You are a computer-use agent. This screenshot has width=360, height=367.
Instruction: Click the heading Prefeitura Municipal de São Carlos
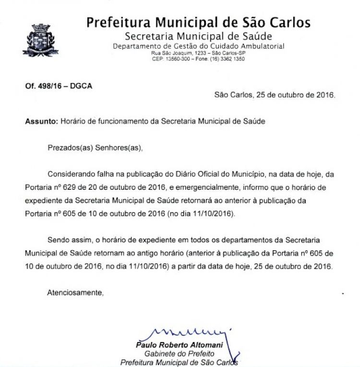tap(198, 23)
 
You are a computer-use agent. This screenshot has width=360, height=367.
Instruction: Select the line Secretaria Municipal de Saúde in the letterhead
tap(198, 37)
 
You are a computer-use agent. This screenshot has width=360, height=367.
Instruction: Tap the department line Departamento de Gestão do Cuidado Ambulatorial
tap(198, 46)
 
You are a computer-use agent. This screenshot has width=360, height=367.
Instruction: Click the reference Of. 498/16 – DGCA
tap(59, 86)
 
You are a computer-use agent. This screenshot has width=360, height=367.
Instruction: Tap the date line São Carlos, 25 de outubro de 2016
tap(275, 95)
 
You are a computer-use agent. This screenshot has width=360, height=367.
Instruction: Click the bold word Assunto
tap(41, 122)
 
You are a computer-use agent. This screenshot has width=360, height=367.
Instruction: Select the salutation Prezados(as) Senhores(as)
tap(95, 148)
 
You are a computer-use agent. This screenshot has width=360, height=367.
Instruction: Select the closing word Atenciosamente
tap(75, 292)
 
